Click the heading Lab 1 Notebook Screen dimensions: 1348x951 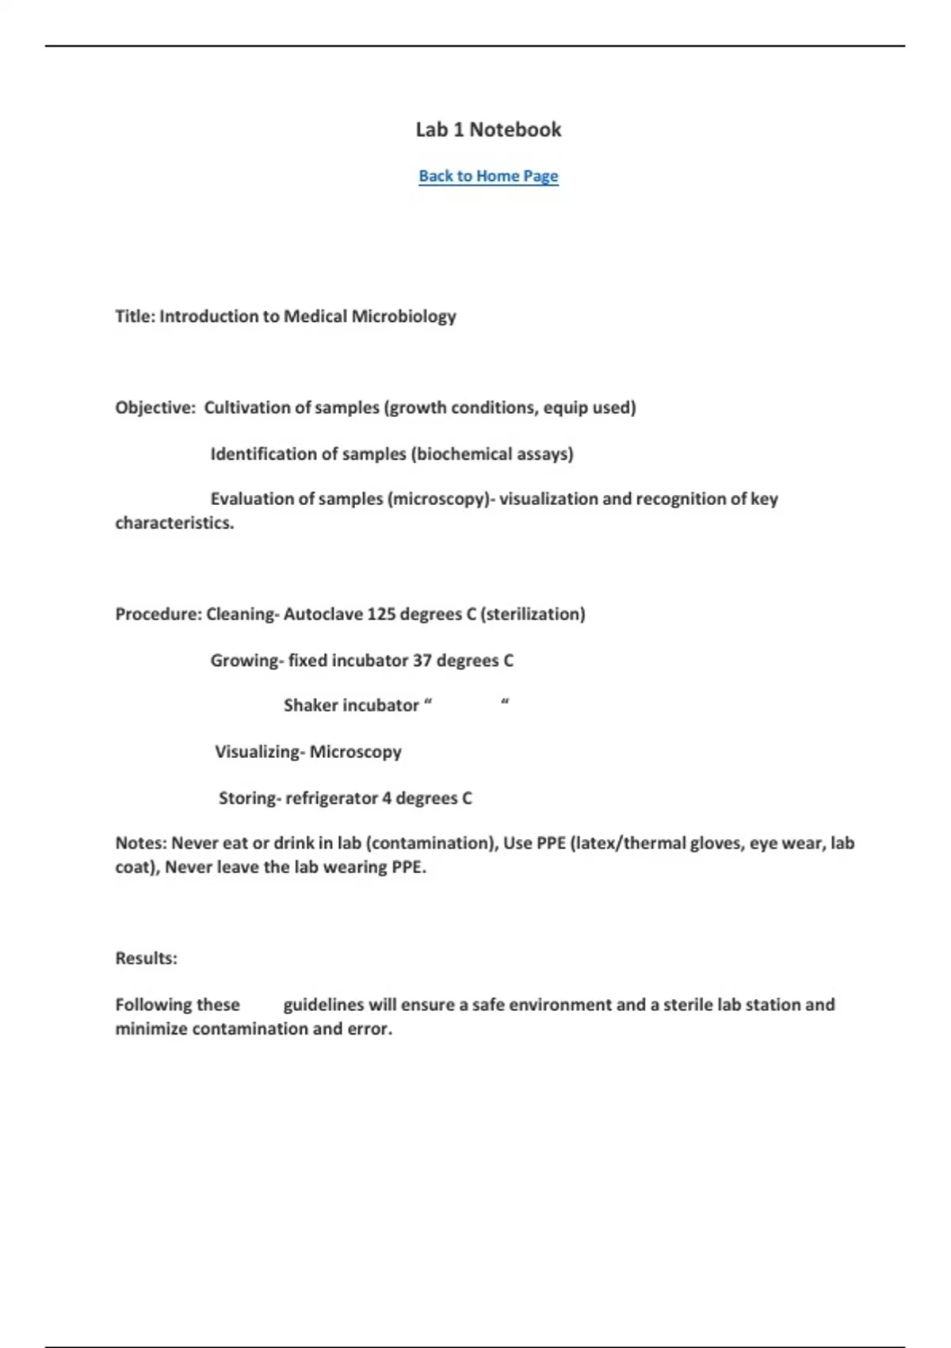[x=488, y=130]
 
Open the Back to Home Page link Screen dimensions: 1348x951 [x=488, y=176]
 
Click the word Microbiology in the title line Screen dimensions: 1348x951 [x=403, y=316]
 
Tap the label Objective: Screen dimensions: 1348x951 [x=155, y=408]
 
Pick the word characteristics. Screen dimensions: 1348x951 [x=174, y=523]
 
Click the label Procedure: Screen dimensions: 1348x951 [x=158, y=615]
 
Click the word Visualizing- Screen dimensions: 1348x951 [x=259, y=752]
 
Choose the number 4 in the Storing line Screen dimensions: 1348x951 [x=387, y=798]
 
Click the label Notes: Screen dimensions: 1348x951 [x=141, y=844]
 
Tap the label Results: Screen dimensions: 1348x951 [x=147, y=959]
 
